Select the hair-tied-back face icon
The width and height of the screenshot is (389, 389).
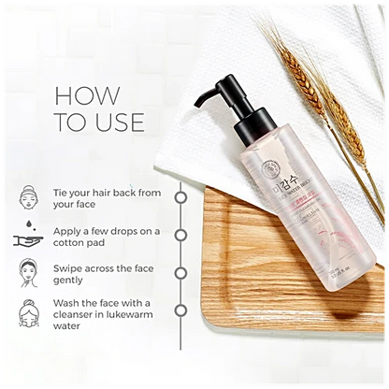click(29, 198)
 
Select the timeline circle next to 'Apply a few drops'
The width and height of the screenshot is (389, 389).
click(180, 235)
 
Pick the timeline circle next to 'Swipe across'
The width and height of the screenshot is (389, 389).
click(180, 272)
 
